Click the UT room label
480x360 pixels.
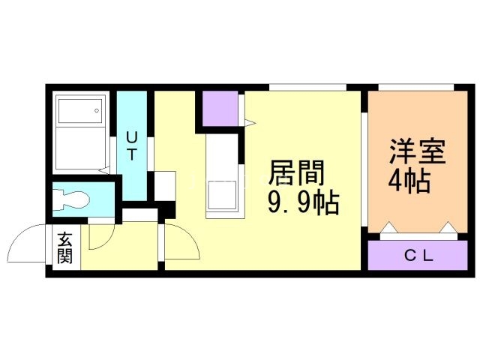point(132,145)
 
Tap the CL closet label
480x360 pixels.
point(418,256)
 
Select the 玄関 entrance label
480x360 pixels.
point(65,248)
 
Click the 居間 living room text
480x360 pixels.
point(296,173)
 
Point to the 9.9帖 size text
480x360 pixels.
point(303,202)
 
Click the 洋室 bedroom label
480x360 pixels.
point(417,151)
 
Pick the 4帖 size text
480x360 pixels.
point(409,181)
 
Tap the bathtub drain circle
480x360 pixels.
point(97,110)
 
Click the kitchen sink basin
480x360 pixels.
point(222,195)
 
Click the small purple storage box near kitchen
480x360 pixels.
point(220,108)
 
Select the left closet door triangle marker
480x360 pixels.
point(388,227)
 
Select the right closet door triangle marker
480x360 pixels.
point(449,227)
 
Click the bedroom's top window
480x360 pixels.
point(416,87)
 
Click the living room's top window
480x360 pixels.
point(307,87)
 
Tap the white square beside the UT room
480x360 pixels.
point(165,186)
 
